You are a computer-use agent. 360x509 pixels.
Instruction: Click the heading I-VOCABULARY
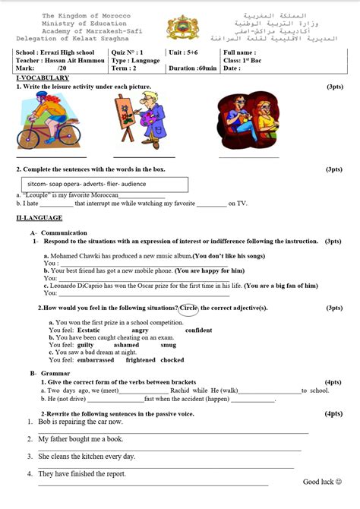pos(43,78)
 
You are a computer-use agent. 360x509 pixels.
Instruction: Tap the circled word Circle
pos(189,308)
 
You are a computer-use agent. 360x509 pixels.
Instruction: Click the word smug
pos(169,345)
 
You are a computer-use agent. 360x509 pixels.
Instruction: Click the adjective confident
pos(199,330)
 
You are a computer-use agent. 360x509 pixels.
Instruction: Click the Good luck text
pos(322,482)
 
